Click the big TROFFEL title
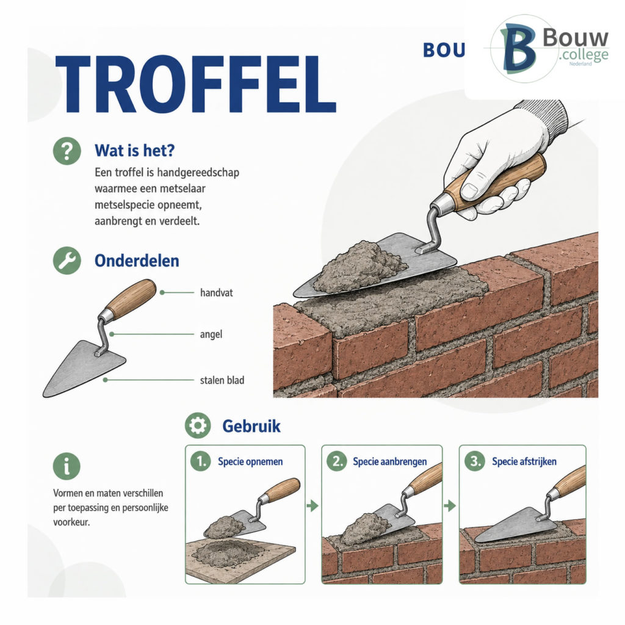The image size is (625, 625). pyautogui.click(x=195, y=84)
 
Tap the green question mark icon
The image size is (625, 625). pyautogui.click(x=67, y=151)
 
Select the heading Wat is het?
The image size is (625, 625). pyautogui.click(x=135, y=151)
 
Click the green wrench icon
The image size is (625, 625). pyautogui.click(x=67, y=261)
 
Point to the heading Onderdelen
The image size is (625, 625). pyautogui.click(x=137, y=261)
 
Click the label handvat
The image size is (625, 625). pyautogui.click(x=217, y=292)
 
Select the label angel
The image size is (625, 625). pyautogui.click(x=211, y=334)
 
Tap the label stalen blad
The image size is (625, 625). pyautogui.click(x=222, y=380)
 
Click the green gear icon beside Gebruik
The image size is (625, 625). pyautogui.click(x=198, y=425)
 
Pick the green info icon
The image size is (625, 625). pyautogui.click(x=67, y=466)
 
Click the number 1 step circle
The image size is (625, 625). pyautogui.click(x=200, y=461)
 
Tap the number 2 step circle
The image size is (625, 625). pyautogui.click(x=337, y=461)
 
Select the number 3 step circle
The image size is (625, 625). pyautogui.click(x=475, y=461)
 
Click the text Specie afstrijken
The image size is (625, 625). pyautogui.click(x=524, y=461)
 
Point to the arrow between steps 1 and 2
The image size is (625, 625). pyautogui.click(x=313, y=506)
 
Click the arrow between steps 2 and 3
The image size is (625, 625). pyautogui.click(x=450, y=506)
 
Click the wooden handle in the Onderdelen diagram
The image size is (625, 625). pyautogui.click(x=131, y=299)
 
